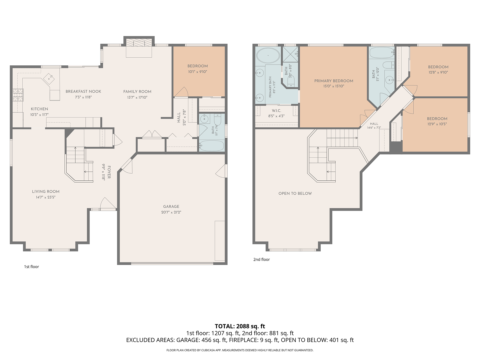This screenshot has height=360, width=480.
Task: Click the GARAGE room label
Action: [171, 207]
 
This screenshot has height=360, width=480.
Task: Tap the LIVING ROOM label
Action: [46, 192]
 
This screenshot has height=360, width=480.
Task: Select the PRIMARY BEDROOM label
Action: [334, 81]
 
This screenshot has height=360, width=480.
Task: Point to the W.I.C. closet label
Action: [276, 111]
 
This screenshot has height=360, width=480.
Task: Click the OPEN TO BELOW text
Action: [295, 193]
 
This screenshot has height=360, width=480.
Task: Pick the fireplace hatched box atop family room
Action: [139, 43]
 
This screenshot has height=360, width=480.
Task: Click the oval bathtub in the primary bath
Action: [268, 56]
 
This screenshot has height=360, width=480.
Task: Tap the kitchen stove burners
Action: [18, 95]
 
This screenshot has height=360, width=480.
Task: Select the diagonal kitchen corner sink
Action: [49, 79]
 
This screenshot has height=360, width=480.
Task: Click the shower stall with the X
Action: [290, 54]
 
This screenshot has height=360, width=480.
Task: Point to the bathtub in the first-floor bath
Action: [212, 146]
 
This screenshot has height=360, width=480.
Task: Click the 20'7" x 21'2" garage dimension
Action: [171, 212]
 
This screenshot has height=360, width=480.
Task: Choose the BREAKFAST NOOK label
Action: [83, 91]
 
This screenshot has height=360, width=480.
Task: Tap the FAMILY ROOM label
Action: [137, 92]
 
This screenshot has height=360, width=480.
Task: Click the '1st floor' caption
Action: [31, 267]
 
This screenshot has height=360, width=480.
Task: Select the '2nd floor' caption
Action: [262, 259]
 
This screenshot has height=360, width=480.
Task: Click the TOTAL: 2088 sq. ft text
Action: [240, 326]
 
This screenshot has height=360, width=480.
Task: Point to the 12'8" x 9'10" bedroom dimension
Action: [438, 72]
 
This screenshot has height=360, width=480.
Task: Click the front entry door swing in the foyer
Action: [108, 204]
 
